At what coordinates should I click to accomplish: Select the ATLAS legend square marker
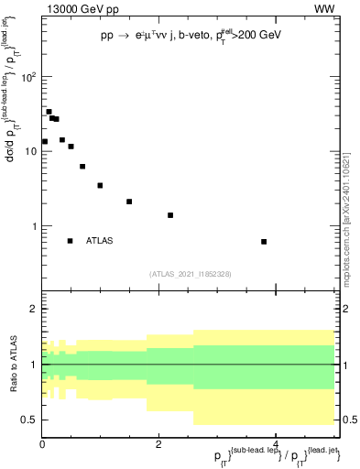pyautogui.click(x=70, y=241)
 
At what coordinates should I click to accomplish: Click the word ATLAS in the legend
pyautogui.click(x=100, y=241)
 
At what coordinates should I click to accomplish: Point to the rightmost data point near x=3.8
pyautogui.click(x=289, y=242)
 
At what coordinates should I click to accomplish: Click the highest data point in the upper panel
pyautogui.click(x=49, y=112)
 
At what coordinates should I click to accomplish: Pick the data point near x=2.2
pyautogui.click(x=170, y=215)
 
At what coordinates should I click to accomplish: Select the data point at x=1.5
pyautogui.click(x=129, y=202)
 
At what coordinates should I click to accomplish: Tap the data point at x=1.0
pyautogui.click(x=100, y=185)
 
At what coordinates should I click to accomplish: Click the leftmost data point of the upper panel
pyautogui.click(x=44, y=141)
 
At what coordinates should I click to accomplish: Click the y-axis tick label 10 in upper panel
pyautogui.click(x=29, y=151)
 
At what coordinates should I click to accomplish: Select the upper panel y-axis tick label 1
pyautogui.click(x=34, y=226)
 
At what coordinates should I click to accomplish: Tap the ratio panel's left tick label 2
pyautogui.click(x=33, y=309)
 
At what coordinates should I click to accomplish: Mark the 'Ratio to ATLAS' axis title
pyautogui.click(x=12, y=365)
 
